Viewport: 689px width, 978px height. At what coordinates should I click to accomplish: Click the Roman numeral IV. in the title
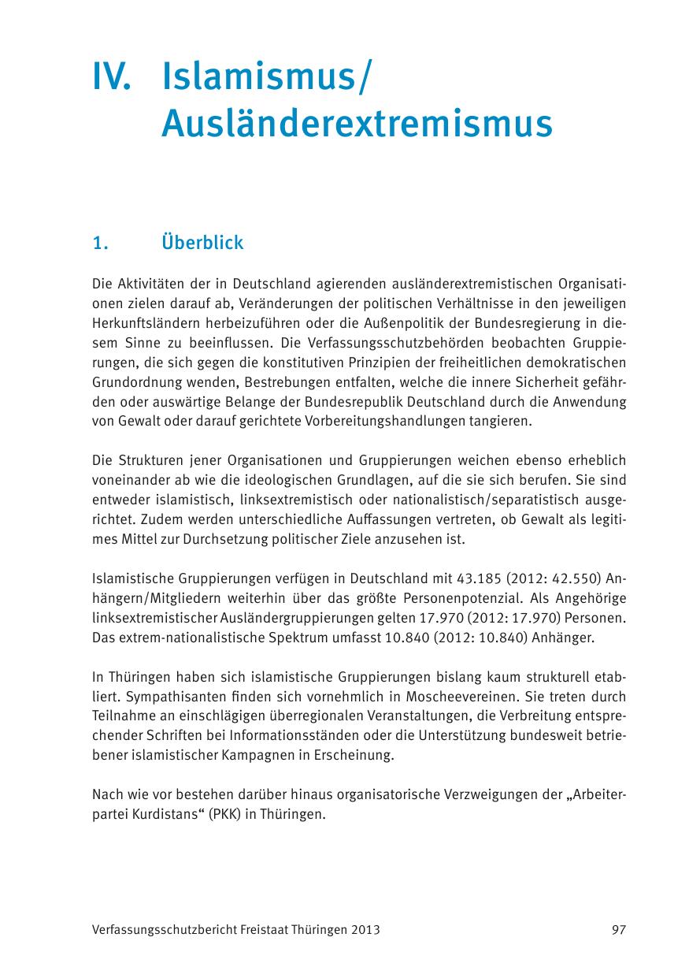click(112, 80)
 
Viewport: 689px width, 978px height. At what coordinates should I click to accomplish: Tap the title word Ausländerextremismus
click(356, 124)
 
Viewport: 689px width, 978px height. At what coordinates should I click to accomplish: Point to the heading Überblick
click(202, 242)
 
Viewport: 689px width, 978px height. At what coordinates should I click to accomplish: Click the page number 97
click(618, 930)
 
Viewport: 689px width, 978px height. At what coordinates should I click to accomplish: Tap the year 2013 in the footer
click(365, 930)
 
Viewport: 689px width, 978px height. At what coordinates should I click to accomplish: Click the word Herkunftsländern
click(143, 323)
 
